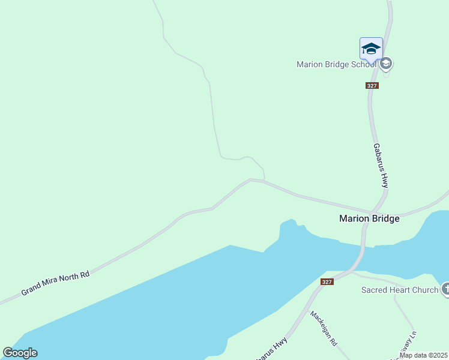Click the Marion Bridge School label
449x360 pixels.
[337, 64]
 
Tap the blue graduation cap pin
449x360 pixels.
[371, 48]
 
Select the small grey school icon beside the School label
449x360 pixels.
[386, 63]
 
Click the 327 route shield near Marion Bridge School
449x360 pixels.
[372, 86]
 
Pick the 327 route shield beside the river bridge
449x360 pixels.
[327, 282]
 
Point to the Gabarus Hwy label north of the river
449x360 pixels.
[381, 165]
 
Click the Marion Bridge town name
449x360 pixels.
[369, 219]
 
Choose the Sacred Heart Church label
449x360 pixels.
[400, 290]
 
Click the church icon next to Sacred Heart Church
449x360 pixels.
[445, 290]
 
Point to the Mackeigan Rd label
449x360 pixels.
[324, 328]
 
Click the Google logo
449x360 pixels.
[20, 353]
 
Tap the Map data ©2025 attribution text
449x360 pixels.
[424, 355]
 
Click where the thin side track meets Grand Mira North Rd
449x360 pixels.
[263, 180]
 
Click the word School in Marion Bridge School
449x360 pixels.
[364, 64]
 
